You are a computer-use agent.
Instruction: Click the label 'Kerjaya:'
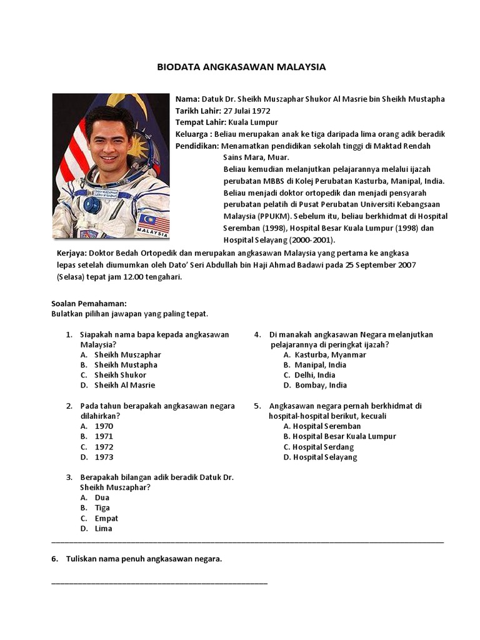pos(72,253)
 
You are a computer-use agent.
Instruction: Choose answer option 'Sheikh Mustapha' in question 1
pos(126,365)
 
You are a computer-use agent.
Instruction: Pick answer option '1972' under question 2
pos(104,447)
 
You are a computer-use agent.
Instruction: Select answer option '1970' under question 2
pos(104,426)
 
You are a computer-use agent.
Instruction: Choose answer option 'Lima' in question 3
pos(103,529)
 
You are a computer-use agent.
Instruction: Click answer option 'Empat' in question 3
pos(106,518)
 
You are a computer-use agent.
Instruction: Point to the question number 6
pos(54,559)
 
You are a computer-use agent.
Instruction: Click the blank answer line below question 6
pos(159,582)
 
